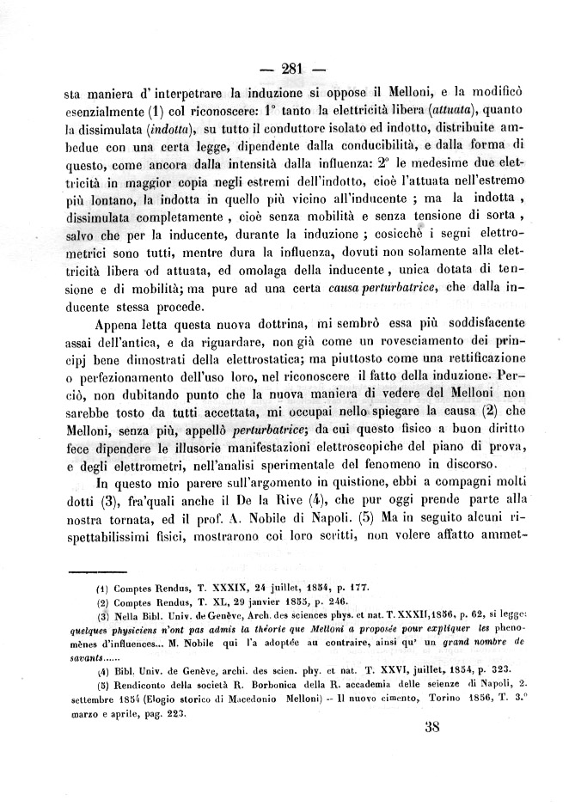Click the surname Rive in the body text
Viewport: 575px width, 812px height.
327,500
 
